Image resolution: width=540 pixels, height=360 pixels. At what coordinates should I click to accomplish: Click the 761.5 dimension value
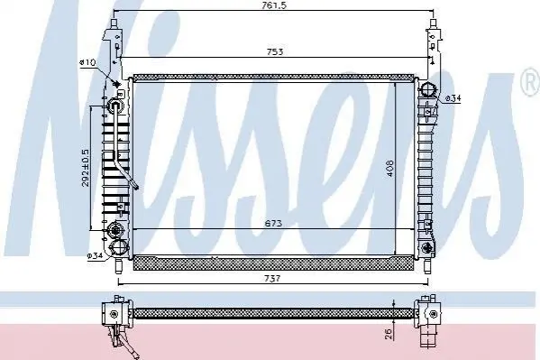coord(274,5)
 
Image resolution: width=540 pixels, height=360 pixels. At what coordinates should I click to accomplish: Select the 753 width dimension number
coord(275,51)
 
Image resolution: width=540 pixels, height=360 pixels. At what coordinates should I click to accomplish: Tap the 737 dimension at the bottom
coord(272,278)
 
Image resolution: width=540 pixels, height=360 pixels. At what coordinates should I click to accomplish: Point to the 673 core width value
coord(273,223)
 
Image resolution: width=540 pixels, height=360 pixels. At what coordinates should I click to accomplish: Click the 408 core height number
coord(389,168)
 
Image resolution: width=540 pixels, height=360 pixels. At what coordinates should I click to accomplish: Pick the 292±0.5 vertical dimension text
coord(85,168)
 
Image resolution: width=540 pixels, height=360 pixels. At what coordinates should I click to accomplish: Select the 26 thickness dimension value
coord(389,334)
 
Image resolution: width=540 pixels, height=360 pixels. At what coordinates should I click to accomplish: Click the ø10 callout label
coord(87,62)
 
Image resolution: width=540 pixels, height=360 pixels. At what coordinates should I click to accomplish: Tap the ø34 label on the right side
coord(453,98)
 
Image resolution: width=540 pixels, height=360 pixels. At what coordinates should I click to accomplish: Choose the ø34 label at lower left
coord(95,256)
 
